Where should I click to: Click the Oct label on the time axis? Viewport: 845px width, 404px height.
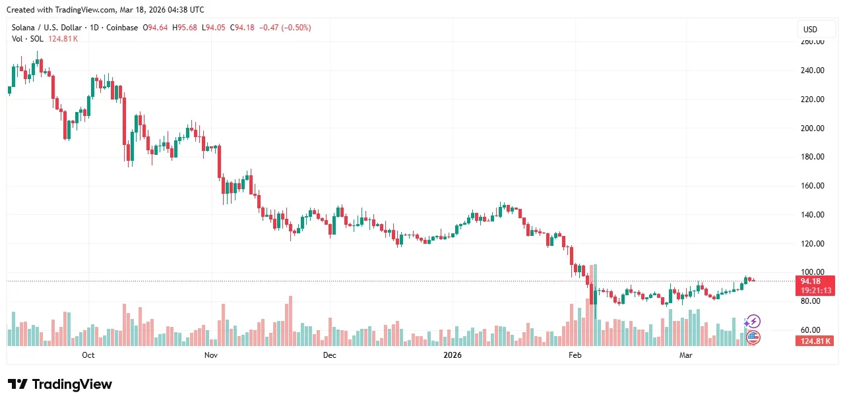(88, 355)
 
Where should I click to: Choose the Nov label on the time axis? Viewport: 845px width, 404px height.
(210, 355)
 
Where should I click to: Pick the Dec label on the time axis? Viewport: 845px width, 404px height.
(329, 355)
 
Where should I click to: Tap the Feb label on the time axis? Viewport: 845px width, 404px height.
(575, 355)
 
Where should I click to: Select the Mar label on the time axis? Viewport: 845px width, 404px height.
(686, 355)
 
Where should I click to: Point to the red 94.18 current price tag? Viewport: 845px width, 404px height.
(816, 281)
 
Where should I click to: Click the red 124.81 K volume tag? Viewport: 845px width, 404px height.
(816, 341)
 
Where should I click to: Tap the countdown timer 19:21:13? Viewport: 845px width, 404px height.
(816, 291)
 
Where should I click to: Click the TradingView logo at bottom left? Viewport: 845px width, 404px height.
(60, 384)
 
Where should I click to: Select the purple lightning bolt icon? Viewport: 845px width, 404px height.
(753, 322)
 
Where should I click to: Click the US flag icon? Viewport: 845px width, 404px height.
(753, 337)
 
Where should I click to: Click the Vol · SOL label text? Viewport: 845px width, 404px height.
(26, 39)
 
